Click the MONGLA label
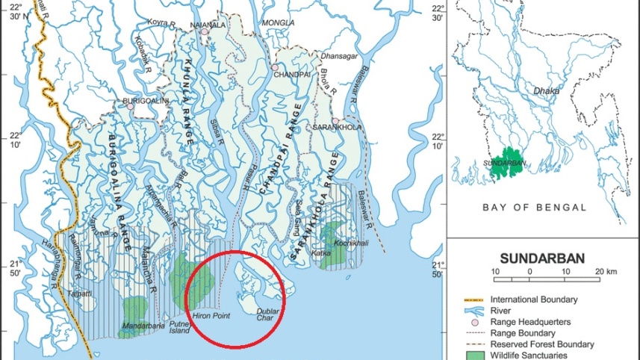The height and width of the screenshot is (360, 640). point(279,23)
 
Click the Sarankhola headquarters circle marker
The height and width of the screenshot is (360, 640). point(336,121)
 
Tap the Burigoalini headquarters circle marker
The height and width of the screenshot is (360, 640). point(130,106)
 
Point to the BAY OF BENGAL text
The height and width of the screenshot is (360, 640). point(534,207)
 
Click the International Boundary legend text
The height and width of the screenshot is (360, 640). point(533,300)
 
